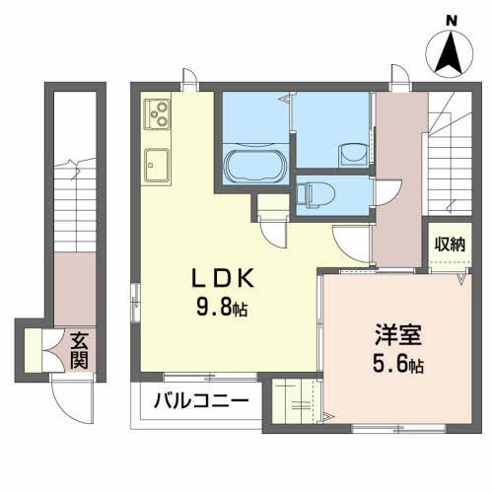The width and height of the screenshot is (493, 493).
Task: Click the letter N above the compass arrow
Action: (x=451, y=19)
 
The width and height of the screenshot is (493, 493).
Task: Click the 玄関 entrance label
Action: (x=78, y=350)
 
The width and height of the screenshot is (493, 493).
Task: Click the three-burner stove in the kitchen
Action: (x=158, y=117)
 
